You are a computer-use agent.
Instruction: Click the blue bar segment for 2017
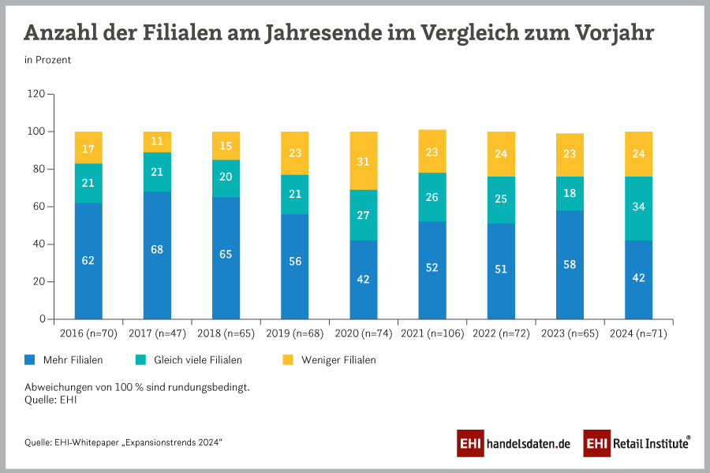click(x=157, y=255)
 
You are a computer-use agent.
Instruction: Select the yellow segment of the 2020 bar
click(x=364, y=161)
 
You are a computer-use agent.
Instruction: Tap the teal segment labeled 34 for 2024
click(x=638, y=208)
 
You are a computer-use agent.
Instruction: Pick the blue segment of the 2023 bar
click(x=570, y=265)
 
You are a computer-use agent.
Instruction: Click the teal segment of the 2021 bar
click(x=432, y=197)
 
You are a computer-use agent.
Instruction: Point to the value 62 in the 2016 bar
click(x=88, y=260)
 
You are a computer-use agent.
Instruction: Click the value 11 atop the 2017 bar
click(x=157, y=142)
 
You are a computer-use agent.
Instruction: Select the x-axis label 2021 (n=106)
click(x=432, y=333)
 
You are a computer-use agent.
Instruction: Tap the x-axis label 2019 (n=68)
click(x=295, y=333)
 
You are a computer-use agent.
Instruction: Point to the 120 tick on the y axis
click(x=36, y=94)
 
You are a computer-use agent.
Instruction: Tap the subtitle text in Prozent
click(x=48, y=60)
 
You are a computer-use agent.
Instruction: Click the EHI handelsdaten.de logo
click(x=514, y=444)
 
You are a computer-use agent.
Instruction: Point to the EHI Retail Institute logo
click(x=637, y=444)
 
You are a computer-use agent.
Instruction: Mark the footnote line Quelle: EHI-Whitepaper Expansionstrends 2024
click(x=123, y=442)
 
